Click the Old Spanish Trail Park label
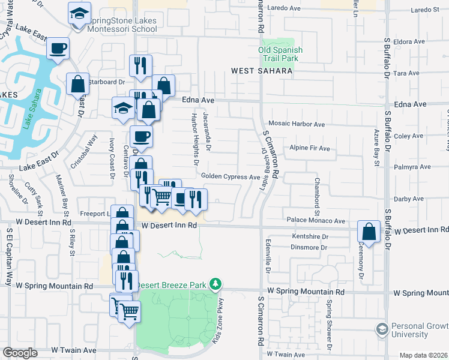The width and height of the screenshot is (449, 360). [x=280, y=54]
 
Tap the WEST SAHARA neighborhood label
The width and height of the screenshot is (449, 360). [x=262, y=71]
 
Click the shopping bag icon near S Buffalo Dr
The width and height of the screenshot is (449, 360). [x=369, y=232]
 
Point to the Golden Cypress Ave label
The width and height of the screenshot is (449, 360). [x=231, y=177]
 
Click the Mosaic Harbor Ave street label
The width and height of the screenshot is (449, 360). [x=297, y=124]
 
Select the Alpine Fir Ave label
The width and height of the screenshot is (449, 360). [x=310, y=148]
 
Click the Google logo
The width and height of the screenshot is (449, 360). [x=20, y=353]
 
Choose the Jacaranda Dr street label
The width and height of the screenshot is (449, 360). [x=207, y=130]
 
